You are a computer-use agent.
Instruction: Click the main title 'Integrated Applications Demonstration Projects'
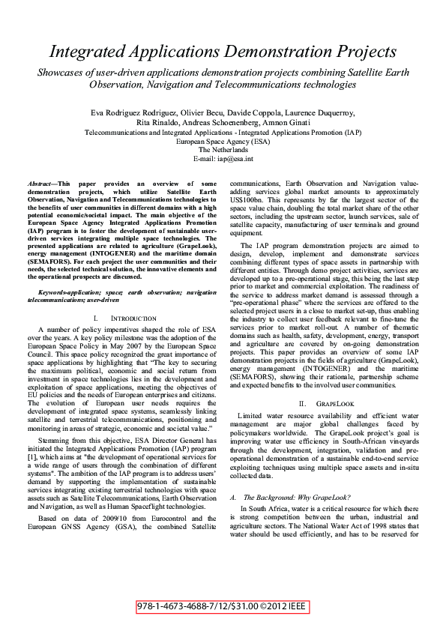pyautogui.click(x=223, y=51)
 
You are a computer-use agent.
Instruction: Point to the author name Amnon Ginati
pyautogui.click(x=285, y=122)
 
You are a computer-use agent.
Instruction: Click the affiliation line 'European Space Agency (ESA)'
pyautogui.click(x=223, y=141)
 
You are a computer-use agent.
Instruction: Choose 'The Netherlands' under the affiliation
pyautogui.click(x=223, y=150)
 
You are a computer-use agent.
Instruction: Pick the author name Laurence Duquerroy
pyautogui.click(x=319, y=112)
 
